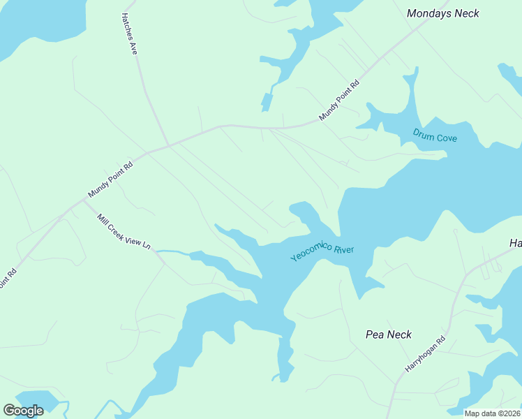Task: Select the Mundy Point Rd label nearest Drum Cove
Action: pyautogui.click(x=339, y=101)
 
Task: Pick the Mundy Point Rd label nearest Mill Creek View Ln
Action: pyautogui.click(x=110, y=180)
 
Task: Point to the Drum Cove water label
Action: pyautogui.click(x=435, y=135)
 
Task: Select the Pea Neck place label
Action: pyautogui.click(x=389, y=335)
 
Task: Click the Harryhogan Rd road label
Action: pyautogui.click(x=426, y=356)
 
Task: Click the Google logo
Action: pyautogui.click(x=23, y=411)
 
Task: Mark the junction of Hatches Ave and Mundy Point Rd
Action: pyautogui.click(x=168, y=145)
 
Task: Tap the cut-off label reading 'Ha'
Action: pyautogui.click(x=515, y=243)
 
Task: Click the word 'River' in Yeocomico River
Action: pyautogui.click(x=343, y=249)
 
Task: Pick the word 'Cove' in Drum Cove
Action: pyautogui.click(x=447, y=138)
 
